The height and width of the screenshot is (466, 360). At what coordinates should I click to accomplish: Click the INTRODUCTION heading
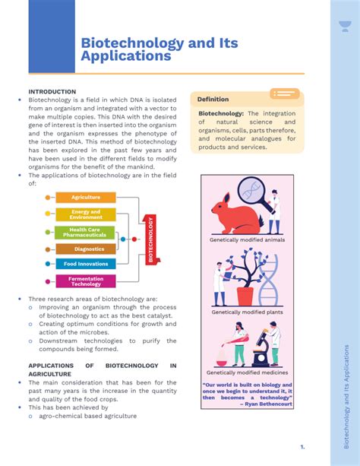coord(52,91)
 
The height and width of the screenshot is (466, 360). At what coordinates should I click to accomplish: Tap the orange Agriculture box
coord(86,198)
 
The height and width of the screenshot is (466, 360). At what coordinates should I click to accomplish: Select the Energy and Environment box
coord(86,215)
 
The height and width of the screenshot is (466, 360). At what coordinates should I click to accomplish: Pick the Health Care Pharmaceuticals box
coord(85,233)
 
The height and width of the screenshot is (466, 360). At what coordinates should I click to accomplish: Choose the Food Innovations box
coord(86,264)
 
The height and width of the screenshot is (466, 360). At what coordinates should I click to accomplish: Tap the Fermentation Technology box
coord(86,281)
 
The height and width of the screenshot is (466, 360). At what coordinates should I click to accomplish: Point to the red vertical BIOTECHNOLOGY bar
coord(150,239)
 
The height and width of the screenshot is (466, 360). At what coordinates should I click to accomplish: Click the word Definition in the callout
coord(213,100)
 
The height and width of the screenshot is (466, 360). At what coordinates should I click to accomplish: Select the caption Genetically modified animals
coord(247,239)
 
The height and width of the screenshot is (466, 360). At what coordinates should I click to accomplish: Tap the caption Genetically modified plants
coord(247,312)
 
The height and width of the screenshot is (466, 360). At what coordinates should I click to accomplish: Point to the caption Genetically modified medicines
coord(247,372)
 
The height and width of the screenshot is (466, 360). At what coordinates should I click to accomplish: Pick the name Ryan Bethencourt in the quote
coord(268,404)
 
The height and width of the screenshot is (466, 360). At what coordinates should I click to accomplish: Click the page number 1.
coord(302,446)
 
